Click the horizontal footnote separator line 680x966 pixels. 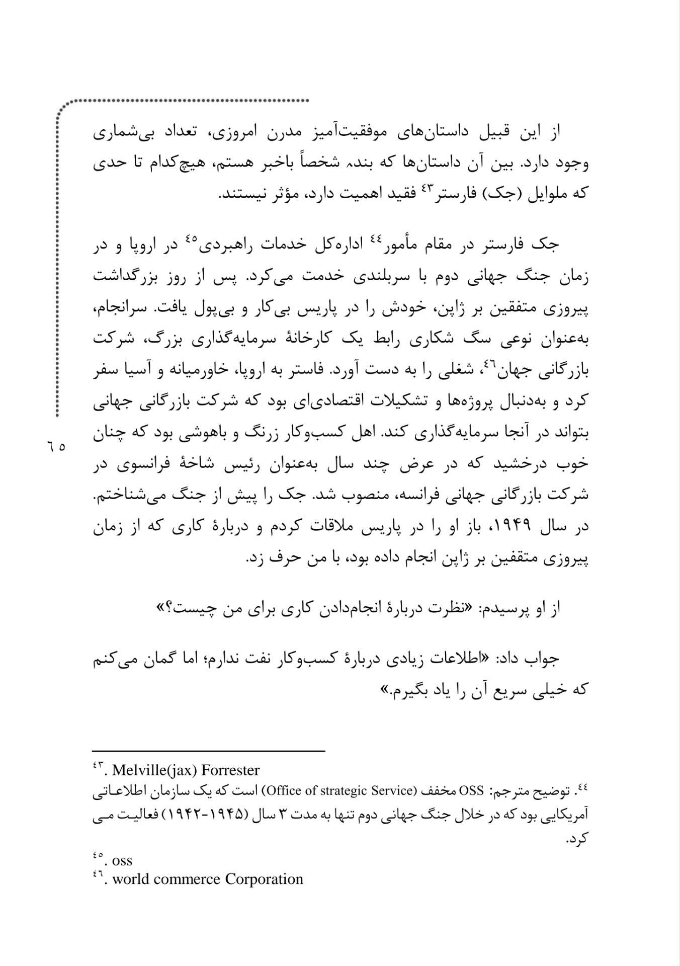209,752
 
